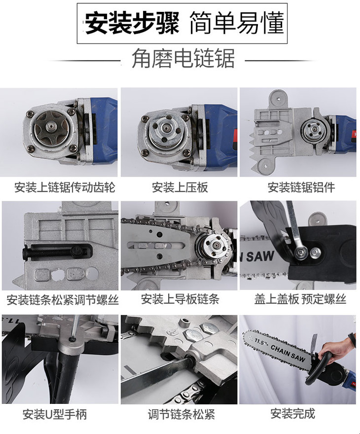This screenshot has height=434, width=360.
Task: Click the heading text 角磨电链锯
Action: (183, 58)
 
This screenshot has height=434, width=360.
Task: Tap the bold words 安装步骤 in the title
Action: (132, 23)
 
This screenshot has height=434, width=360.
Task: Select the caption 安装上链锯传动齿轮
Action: (65, 187)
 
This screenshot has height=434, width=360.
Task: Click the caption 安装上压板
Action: (180, 187)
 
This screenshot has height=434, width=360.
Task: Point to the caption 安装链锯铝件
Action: (301, 187)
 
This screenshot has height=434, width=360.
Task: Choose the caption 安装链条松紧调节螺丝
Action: (63, 300)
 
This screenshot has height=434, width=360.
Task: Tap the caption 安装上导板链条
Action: (180, 299)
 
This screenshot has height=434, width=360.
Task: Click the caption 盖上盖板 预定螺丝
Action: (300, 299)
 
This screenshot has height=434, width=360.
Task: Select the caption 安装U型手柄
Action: (55, 414)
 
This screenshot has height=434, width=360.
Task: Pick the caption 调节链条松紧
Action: (181, 414)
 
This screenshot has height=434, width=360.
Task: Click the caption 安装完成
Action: (293, 414)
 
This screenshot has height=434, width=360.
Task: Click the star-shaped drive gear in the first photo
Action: (51, 128)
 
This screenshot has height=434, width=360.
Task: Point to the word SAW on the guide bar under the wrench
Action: (260, 256)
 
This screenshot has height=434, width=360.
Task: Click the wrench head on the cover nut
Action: (299, 252)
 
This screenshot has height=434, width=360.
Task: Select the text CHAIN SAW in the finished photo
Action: (288, 353)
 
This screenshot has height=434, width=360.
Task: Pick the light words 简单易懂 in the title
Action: (237, 23)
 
